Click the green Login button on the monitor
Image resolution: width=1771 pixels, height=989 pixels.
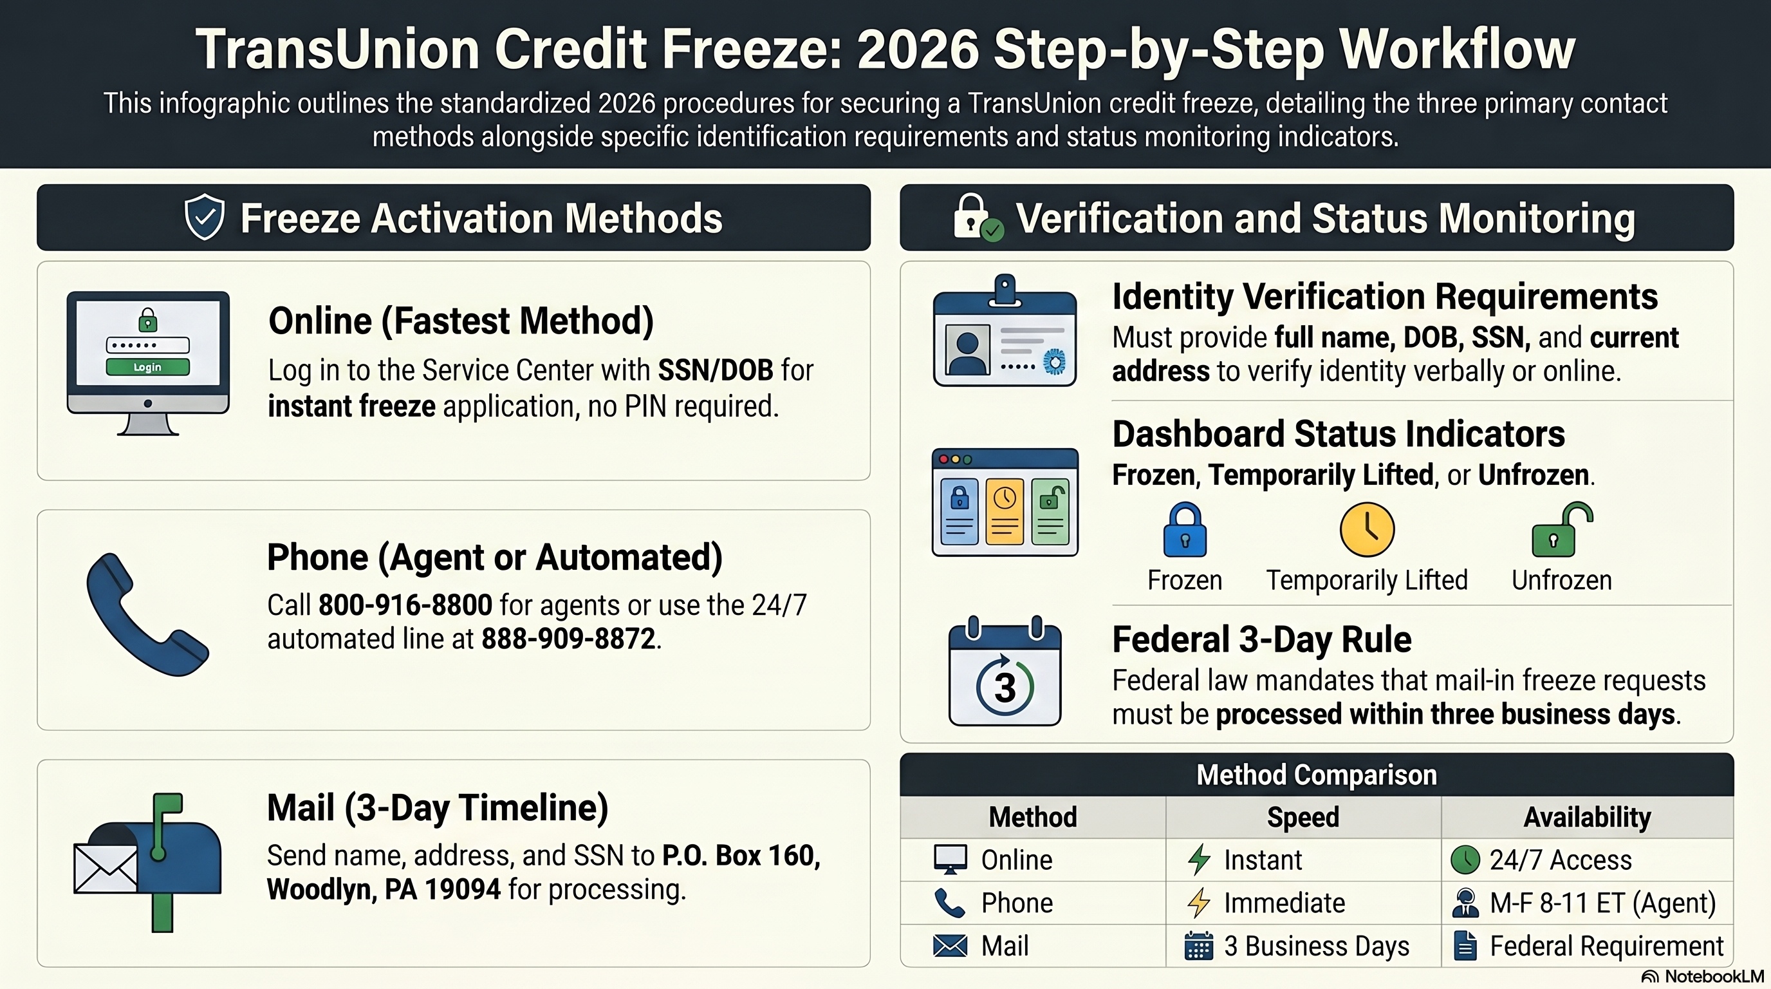[147, 366]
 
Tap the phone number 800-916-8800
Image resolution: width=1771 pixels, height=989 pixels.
[405, 605]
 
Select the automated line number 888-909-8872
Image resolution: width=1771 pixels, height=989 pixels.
[568, 639]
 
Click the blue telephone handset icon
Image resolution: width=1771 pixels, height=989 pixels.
[145, 614]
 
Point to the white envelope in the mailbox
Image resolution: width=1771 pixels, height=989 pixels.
[105, 868]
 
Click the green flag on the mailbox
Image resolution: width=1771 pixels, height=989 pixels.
[167, 805]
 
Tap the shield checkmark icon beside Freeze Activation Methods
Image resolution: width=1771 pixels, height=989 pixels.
[204, 218]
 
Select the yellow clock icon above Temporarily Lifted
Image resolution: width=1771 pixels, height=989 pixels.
[1367, 529]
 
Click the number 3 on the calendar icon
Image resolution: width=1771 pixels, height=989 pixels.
[1005, 688]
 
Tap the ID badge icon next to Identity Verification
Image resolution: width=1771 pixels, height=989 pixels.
[1005, 332]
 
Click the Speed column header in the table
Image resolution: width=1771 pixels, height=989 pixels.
[1303, 817]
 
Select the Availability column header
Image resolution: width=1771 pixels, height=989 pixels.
[1587, 817]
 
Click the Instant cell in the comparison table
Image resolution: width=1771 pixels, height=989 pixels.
[1262, 860]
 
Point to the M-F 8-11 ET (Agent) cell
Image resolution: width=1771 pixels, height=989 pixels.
[1602, 903]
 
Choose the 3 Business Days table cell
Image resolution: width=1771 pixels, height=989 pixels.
[1316, 947]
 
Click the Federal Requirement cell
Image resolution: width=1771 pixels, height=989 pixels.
[1606, 947]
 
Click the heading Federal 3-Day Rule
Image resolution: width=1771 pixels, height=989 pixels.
[1261, 639]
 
